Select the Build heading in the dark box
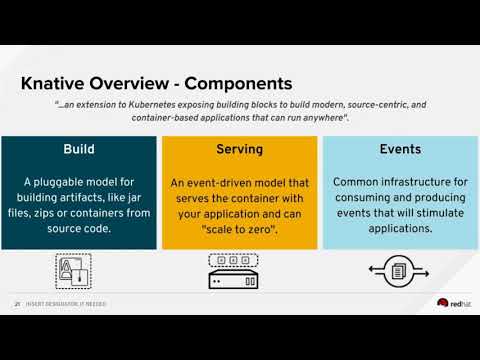pyautogui.click(x=80, y=149)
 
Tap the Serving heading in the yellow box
pyautogui.click(x=239, y=149)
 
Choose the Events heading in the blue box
pyautogui.click(x=399, y=149)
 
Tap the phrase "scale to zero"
pyautogui.click(x=240, y=228)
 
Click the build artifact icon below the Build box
pyautogui.click(x=73, y=271)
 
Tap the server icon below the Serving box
pyautogui.click(x=239, y=270)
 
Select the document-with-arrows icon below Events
pyautogui.click(x=399, y=271)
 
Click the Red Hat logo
pyautogui.click(x=449, y=304)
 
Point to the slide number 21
pyautogui.click(x=17, y=304)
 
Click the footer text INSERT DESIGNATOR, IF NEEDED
pyautogui.click(x=66, y=304)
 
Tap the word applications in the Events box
pyautogui.click(x=399, y=228)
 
